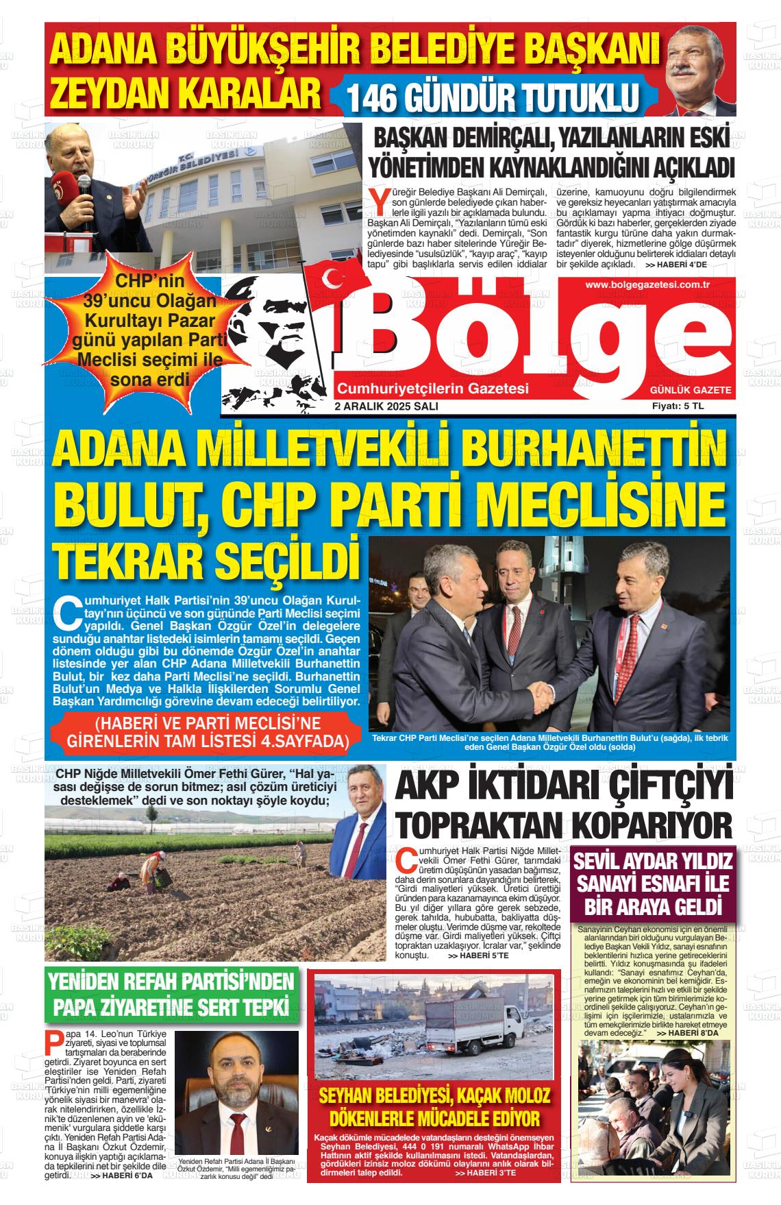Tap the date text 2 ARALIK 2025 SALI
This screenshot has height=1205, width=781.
point(386,406)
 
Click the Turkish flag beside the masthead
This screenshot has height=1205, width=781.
point(336,280)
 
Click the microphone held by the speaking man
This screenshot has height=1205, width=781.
point(84,189)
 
